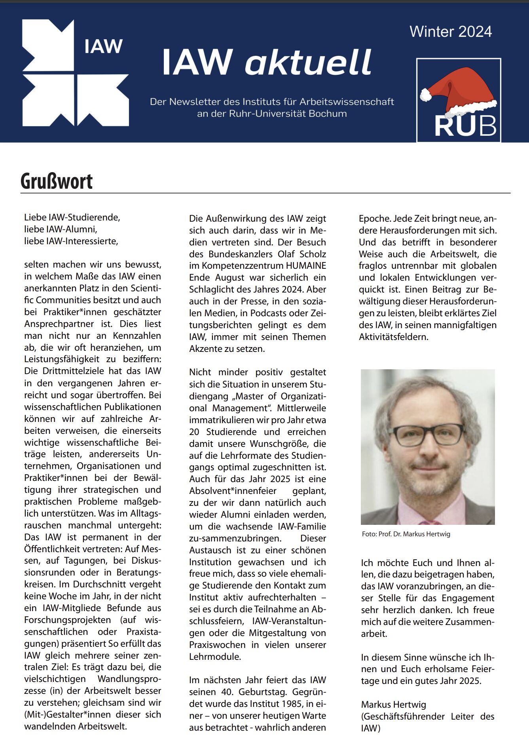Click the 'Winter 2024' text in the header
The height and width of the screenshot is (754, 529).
451,32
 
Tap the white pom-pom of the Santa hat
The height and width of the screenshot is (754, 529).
425,95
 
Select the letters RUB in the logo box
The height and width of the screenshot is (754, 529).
465,126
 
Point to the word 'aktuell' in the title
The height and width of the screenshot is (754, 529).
308,63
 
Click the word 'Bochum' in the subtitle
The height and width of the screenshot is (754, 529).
328,114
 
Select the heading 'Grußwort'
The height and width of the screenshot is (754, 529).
57,181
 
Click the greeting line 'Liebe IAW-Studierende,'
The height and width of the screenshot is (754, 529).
72,217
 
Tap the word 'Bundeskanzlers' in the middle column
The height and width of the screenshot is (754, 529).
240,254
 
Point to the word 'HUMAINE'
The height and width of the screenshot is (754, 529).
306,266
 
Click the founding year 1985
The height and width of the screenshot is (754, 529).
282,704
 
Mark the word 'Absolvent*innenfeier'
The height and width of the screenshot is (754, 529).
233,491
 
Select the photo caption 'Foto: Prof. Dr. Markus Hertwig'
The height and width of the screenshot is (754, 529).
406,534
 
